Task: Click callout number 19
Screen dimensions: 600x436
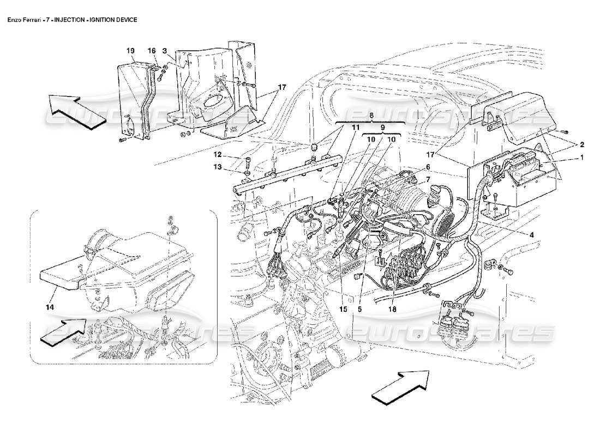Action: point(130,50)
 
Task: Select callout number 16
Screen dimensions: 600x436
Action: point(152,50)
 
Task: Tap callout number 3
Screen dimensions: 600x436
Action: point(164,50)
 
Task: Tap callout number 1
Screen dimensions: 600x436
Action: point(582,157)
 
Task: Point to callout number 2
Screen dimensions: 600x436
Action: point(582,144)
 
